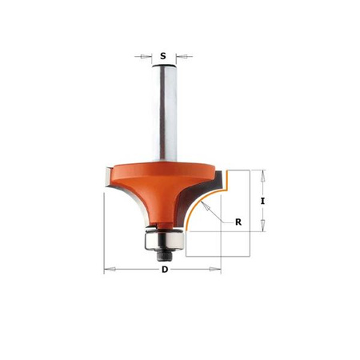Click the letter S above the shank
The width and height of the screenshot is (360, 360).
coord(163,56)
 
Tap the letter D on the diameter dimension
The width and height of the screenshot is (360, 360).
coord(165,270)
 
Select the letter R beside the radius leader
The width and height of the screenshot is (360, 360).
coord(238,222)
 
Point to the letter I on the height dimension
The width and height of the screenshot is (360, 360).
coord(262,201)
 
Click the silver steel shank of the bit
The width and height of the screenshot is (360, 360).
coord(164,113)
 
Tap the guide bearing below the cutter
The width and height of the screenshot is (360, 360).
coord(164,240)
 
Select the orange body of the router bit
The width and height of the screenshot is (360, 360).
coord(162,186)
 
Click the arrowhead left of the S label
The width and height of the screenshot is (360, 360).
coord(146,56)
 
